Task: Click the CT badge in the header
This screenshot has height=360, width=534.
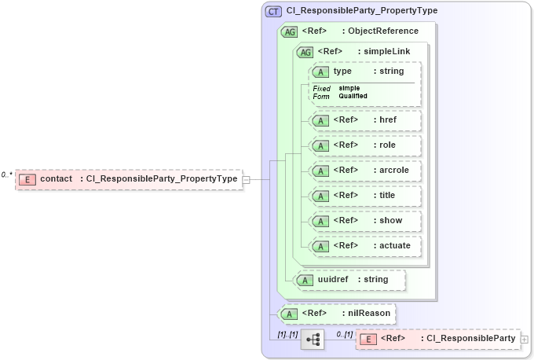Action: (273, 11)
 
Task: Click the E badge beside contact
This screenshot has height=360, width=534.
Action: (27, 179)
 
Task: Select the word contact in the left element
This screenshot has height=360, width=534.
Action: (57, 179)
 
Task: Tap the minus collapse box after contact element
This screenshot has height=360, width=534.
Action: (246, 179)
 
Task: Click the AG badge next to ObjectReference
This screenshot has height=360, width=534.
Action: (289, 31)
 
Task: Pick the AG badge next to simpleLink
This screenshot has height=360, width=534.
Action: (303, 52)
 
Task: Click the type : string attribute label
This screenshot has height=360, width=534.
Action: (368, 72)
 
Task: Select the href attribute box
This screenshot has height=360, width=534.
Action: (366, 120)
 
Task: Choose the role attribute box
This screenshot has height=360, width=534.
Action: (366, 145)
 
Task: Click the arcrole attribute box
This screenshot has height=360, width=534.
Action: (366, 171)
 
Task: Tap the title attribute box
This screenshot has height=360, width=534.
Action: (366, 196)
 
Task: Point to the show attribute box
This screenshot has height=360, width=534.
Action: (366, 221)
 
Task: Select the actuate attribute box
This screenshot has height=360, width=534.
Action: (366, 246)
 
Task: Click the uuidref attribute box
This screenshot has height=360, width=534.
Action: (349, 280)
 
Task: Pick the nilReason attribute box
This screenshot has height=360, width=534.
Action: (338, 314)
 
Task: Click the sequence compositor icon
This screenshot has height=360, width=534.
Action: (313, 340)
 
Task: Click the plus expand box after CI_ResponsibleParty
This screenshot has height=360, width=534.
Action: (524, 340)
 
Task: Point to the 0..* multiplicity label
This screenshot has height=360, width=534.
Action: (7, 174)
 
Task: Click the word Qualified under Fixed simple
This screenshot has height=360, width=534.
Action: (353, 96)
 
